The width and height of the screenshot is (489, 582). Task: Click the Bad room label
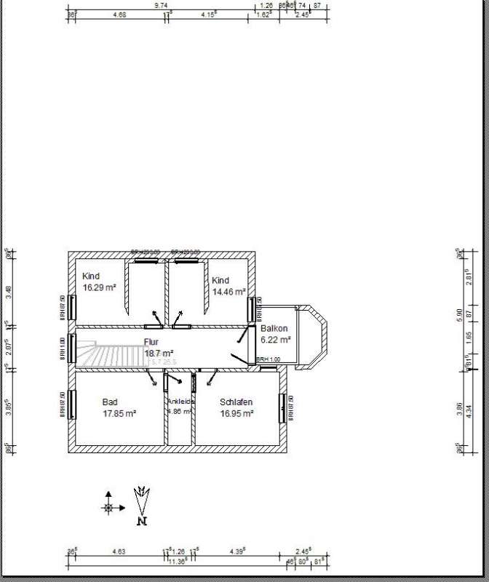(x=110, y=402)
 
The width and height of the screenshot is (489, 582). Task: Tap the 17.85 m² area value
(x=119, y=413)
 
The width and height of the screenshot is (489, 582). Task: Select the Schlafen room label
(x=236, y=402)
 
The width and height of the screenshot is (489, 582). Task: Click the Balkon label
(x=274, y=329)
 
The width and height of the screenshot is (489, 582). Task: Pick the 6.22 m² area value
(x=275, y=339)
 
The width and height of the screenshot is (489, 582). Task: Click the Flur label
(x=151, y=341)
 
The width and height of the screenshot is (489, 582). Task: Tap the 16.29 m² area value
(x=100, y=287)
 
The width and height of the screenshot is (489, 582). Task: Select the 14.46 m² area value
(x=228, y=292)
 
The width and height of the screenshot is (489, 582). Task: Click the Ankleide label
(x=180, y=402)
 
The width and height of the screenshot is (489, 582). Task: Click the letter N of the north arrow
(x=143, y=521)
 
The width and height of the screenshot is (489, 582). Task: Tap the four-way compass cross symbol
(x=108, y=507)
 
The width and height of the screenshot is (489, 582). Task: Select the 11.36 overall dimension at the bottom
(x=177, y=561)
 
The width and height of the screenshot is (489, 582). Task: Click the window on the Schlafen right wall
(x=282, y=407)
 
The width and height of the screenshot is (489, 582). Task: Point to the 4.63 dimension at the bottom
(x=119, y=552)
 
